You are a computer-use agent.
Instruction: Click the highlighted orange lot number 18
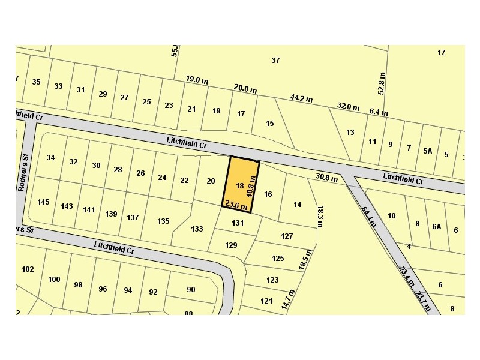click(x=240, y=186)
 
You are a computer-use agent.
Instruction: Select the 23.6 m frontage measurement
click(x=236, y=205)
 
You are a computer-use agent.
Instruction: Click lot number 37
click(x=275, y=60)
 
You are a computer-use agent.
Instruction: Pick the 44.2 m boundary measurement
click(x=300, y=97)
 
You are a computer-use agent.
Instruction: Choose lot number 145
click(x=43, y=202)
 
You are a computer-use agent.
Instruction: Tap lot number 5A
click(x=427, y=151)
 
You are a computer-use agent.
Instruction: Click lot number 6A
click(x=436, y=226)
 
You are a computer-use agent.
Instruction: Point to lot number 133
click(x=197, y=229)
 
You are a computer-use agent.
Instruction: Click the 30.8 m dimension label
click(x=327, y=177)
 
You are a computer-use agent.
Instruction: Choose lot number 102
click(x=28, y=269)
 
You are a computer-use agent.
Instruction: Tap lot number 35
click(x=36, y=82)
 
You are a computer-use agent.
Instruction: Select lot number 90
click(x=191, y=290)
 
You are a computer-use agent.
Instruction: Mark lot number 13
click(x=350, y=133)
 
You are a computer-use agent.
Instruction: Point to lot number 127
click(x=287, y=236)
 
